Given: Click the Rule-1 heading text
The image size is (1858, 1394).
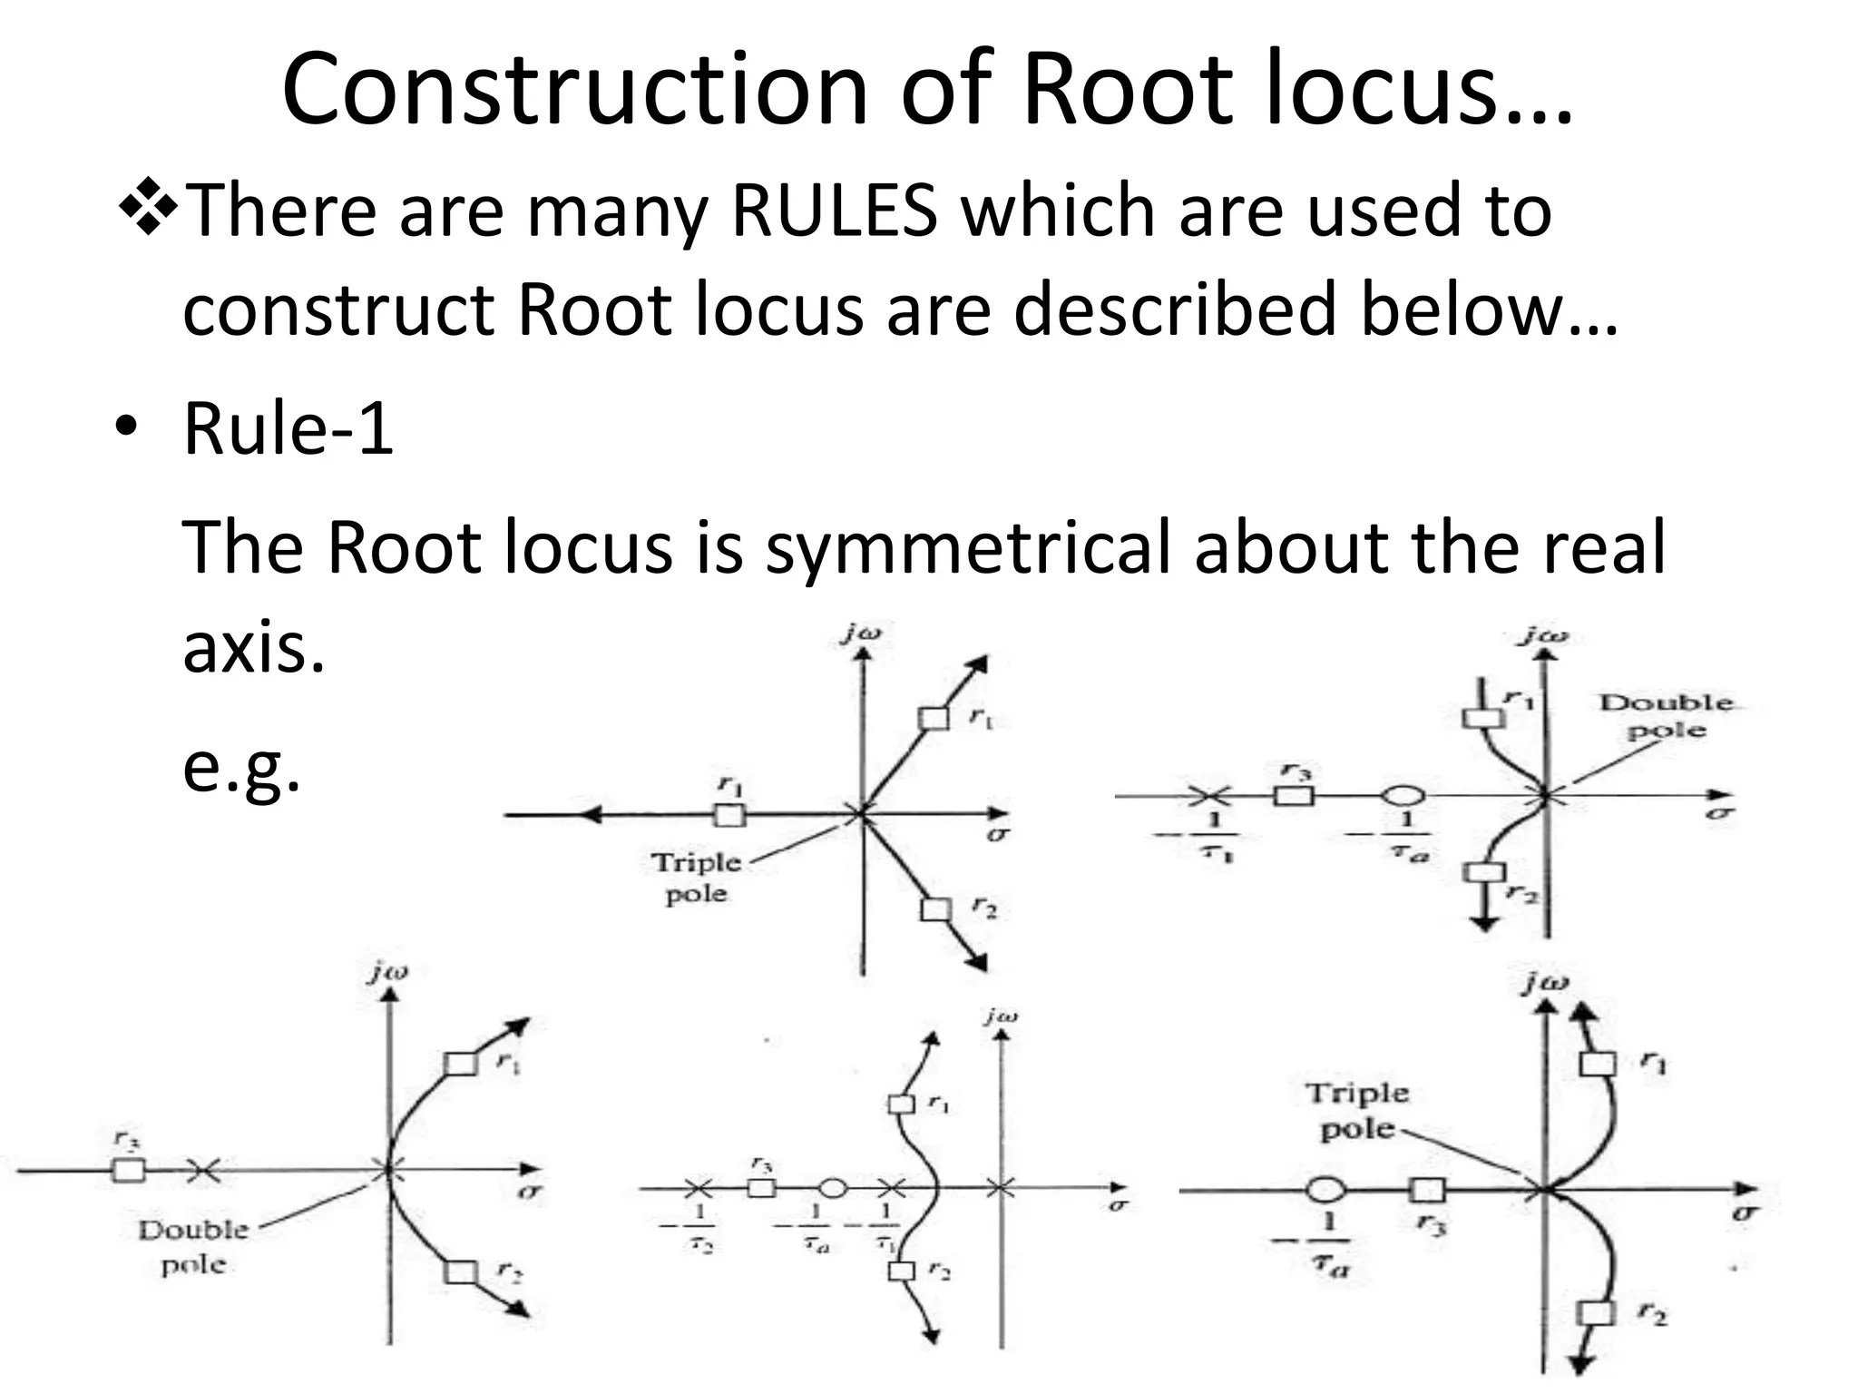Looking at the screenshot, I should (288, 428).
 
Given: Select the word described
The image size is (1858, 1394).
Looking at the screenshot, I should (1174, 309).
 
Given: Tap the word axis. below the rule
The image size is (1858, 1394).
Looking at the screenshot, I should (253, 648).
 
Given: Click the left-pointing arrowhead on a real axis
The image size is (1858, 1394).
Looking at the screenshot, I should (591, 815).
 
